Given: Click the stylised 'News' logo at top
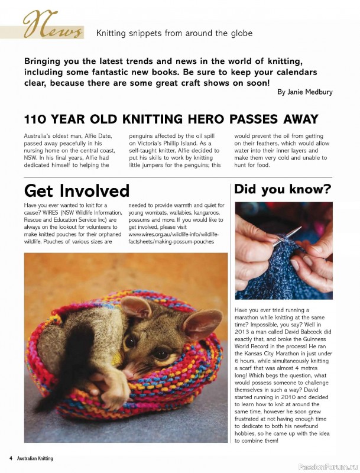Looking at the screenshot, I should point(52,27).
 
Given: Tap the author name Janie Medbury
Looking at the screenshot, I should point(305,92).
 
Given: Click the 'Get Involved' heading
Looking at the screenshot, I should point(76,190).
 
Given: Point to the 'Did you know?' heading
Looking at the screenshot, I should point(282,189).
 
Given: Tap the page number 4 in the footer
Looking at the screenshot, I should point(11,458).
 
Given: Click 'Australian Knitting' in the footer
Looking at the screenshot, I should point(34,458).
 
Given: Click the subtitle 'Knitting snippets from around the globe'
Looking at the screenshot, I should point(174,33).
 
